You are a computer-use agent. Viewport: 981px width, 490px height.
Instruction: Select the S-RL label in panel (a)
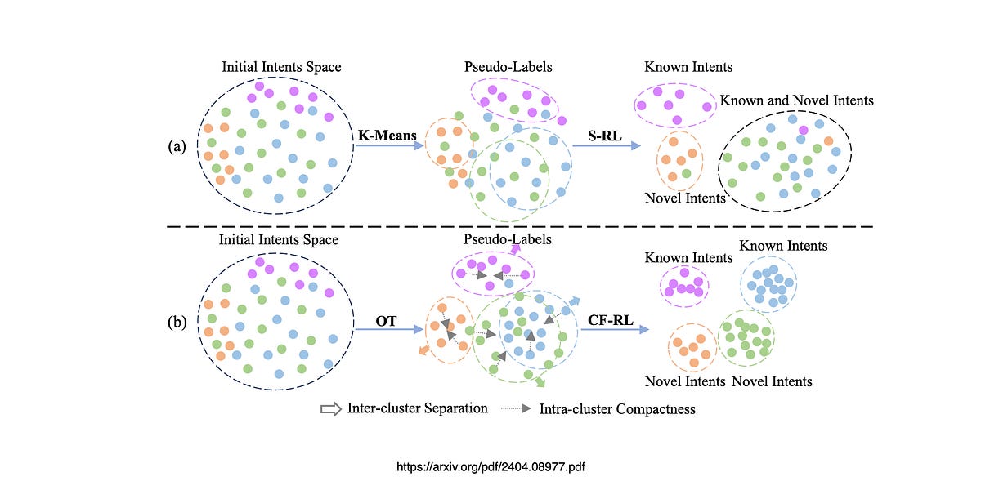[x=604, y=134]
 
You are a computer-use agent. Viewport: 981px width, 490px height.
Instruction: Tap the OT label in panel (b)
[x=386, y=321]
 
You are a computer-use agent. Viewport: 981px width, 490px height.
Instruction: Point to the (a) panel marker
[x=177, y=147]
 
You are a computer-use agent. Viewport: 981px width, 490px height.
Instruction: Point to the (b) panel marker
[x=177, y=321]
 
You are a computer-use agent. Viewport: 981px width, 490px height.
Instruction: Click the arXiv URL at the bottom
[x=490, y=467]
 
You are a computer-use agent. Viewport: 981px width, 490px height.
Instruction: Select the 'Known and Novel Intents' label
[x=796, y=100]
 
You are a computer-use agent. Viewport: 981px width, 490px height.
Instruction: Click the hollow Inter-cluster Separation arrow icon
[x=330, y=409]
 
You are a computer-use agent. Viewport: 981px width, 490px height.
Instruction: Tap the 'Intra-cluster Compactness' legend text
[x=617, y=409]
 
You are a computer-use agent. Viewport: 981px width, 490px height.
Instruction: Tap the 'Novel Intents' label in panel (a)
[x=685, y=198]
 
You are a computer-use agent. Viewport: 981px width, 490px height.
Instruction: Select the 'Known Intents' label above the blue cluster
[x=783, y=246]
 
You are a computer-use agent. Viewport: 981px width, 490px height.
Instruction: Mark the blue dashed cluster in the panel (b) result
[x=768, y=283]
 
